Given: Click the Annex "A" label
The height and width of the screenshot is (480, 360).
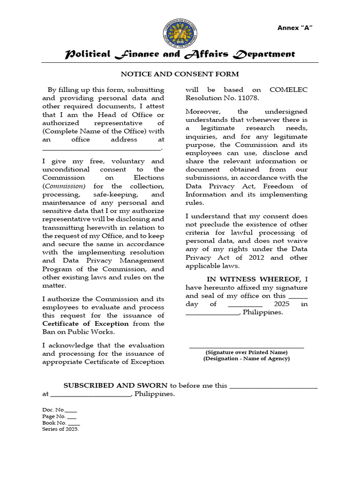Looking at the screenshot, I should pyautogui.click(x=295, y=28).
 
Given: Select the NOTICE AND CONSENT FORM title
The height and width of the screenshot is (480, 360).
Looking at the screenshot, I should pyautogui.click(x=180, y=74).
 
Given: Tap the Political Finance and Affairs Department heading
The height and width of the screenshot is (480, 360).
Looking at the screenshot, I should pyautogui.click(x=180, y=54).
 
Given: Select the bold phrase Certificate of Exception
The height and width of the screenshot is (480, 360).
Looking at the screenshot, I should pyautogui.click(x=85, y=323).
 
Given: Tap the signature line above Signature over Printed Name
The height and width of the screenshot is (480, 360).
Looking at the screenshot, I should pyautogui.click(x=246, y=347).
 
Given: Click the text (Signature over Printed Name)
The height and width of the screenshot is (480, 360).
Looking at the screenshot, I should pyautogui.click(x=246, y=352).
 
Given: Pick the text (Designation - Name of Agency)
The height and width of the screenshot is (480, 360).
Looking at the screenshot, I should pyautogui.click(x=246, y=359).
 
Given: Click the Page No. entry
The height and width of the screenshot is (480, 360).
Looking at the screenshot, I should pyautogui.click(x=59, y=416).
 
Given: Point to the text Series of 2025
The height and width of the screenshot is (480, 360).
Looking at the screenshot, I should pyautogui.click(x=60, y=429).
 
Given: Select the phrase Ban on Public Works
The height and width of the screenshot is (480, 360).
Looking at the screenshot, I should pyautogui.click(x=78, y=332).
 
